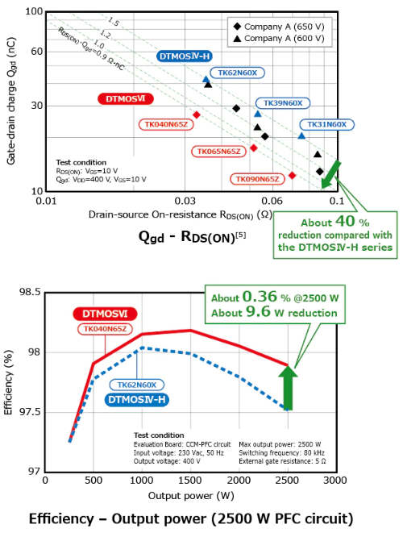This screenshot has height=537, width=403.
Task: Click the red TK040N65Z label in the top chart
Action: click(166, 124)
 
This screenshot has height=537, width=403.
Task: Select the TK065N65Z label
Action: click(218, 152)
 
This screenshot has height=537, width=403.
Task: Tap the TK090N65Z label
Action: click(257, 179)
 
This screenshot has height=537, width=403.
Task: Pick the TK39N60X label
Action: click(283, 103)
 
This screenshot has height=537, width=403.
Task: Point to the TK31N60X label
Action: click(326, 124)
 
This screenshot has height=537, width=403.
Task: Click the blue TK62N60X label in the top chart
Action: click(237, 73)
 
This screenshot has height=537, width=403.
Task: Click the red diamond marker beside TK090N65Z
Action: click(292, 175)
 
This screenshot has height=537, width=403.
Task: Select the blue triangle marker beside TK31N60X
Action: click(301, 136)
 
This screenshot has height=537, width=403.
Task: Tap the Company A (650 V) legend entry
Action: click(279, 27)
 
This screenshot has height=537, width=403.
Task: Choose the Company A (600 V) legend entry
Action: click(279, 39)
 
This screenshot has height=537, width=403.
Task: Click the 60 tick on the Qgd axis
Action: click(36, 52)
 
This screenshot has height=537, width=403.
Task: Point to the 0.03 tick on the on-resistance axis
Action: click(185, 201)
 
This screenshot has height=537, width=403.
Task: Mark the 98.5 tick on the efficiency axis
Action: click(30, 292)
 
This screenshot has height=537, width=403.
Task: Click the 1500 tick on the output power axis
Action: click(190, 480)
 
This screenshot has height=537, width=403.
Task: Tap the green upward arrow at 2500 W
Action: click(288, 388)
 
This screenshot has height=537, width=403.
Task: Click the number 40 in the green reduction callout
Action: click(345, 221)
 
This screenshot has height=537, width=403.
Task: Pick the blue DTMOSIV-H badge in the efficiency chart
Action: click(136, 400)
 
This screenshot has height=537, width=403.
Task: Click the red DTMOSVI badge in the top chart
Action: click(125, 98)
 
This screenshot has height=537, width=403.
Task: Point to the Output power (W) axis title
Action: click(191, 496)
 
